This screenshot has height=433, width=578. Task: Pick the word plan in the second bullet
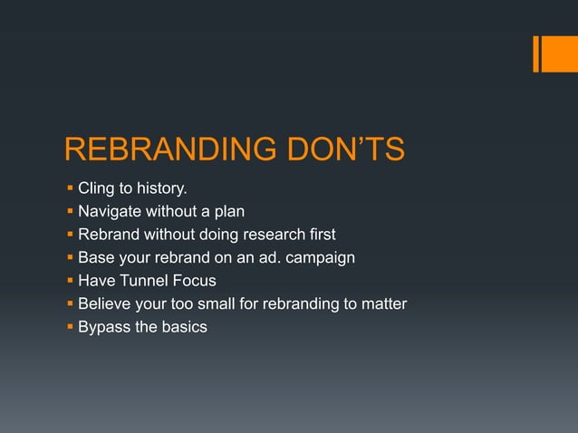point(228,212)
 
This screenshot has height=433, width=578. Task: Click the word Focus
point(195,281)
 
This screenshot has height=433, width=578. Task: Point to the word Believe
point(106,303)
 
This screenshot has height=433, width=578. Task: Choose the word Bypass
point(104,327)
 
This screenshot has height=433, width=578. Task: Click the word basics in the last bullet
point(184,327)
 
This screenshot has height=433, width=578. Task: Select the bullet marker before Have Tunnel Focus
point(70,281)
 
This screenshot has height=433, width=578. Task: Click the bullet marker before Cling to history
point(70,189)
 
